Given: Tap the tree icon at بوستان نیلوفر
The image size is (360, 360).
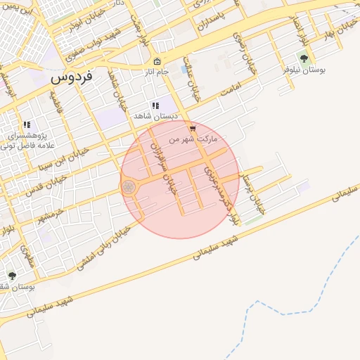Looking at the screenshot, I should tap(304, 59).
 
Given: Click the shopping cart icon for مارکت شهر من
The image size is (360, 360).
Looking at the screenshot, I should tap(193, 129).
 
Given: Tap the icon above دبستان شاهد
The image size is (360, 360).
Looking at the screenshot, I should tap(155, 105).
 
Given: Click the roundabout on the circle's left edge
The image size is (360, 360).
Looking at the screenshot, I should tap(129, 187).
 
